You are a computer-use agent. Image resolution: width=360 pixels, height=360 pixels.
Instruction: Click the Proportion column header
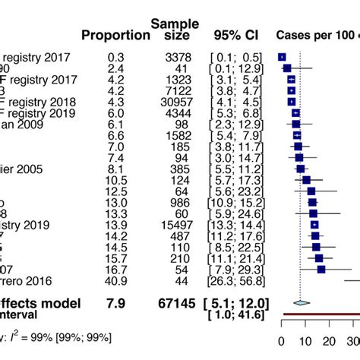click(x=116, y=35)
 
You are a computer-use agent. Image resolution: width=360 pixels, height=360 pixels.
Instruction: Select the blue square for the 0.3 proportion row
click(x=283, y=56)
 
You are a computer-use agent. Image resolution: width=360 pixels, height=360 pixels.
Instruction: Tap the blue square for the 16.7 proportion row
click(x=321, y=269)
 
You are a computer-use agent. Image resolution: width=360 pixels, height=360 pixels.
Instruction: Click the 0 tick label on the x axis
click(x=282, y=342)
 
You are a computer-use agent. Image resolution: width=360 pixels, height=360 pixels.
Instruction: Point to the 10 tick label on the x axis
click(x=305, y=342)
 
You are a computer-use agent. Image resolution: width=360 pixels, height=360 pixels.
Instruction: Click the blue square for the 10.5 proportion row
click(x=306, y=179)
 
